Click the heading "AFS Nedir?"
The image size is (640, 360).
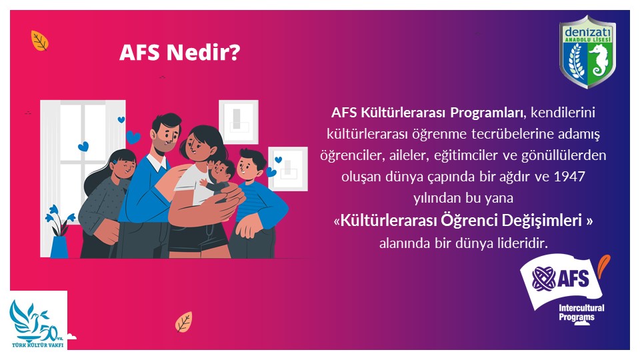coord(179,53)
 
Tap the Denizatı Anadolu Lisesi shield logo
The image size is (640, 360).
coord(588,52)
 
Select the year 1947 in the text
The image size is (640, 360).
coord(569,177)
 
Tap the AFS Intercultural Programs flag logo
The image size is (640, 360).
coord(565,288)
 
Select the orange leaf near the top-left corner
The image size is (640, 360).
coord(39,41)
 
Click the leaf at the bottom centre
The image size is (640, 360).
coord(184,322)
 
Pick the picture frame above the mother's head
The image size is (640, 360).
coord(239,121)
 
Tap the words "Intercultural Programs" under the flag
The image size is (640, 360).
coord(581,313)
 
